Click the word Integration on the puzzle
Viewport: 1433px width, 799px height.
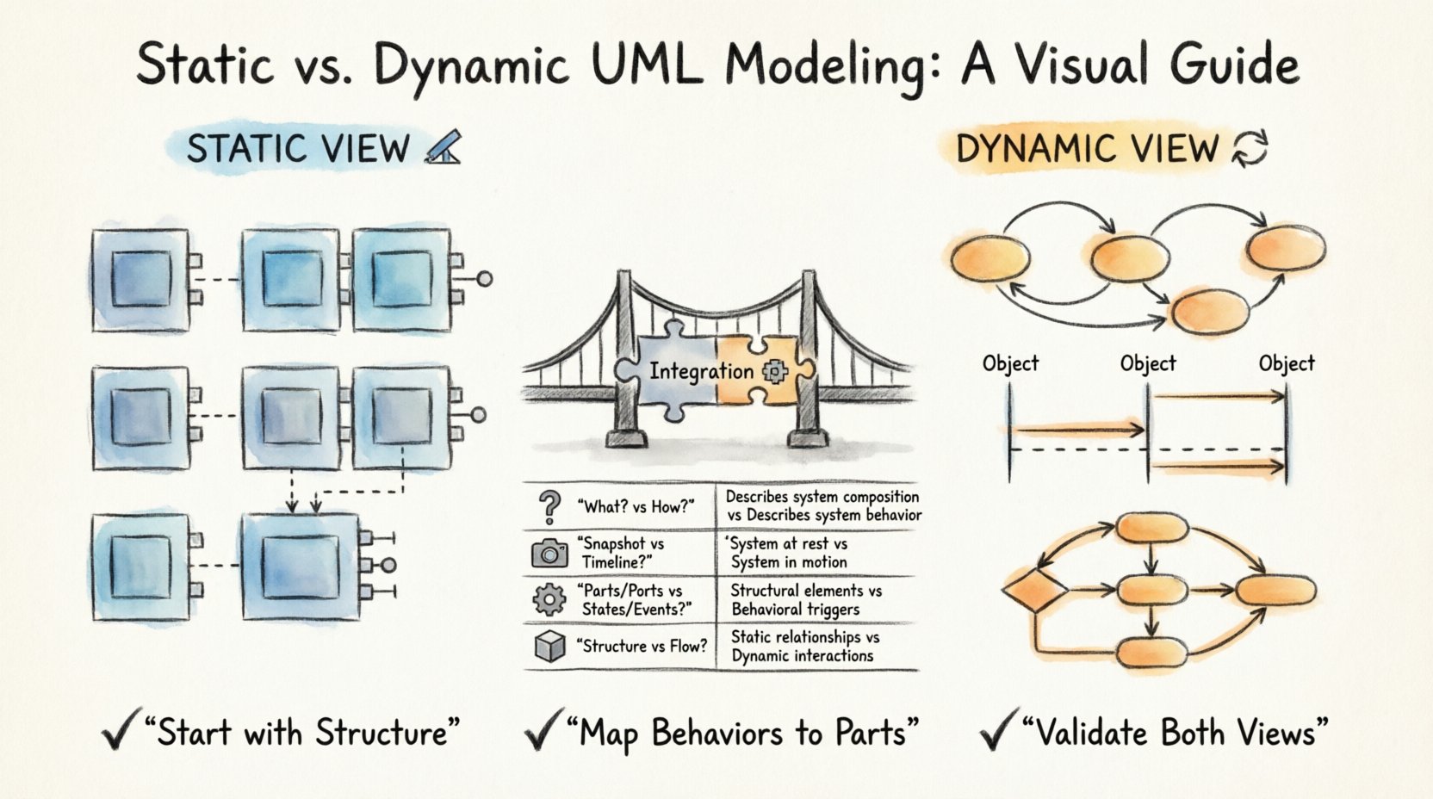[x=700, y=372]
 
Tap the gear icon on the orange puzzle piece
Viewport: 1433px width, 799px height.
[x=774, y=371]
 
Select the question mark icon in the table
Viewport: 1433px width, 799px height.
[x=549, y=507]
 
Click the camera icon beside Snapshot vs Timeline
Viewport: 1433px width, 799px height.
[x=549, y=553]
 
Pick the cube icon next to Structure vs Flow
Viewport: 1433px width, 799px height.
[x=549, y=646]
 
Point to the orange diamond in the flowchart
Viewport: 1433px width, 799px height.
[x=1034, y=591]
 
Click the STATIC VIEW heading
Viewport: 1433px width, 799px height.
[x=298, y=149]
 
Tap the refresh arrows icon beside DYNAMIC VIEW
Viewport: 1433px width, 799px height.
[x=1250, y=148]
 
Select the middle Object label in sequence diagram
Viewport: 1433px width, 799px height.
[x=1147, y=363]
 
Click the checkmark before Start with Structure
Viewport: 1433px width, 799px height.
[x=119, y=733]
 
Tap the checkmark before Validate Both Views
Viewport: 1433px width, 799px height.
[x=996, y=733]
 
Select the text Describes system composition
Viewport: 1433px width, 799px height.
[x=822, y=497]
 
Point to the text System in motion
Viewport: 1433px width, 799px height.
[x=789, y=562]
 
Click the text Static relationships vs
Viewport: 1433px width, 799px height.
[x=804, y=637]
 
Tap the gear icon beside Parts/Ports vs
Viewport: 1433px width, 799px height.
[x=549, y=599]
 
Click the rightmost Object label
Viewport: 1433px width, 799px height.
[x=1286, y=363]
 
